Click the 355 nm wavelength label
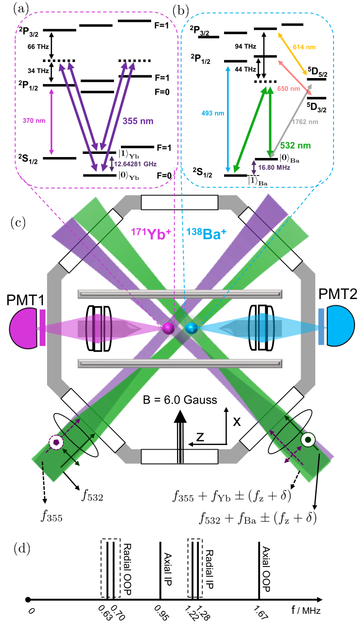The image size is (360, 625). (138, 122)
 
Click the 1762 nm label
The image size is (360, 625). (308, 122)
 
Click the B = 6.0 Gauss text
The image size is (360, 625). (180, 400)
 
